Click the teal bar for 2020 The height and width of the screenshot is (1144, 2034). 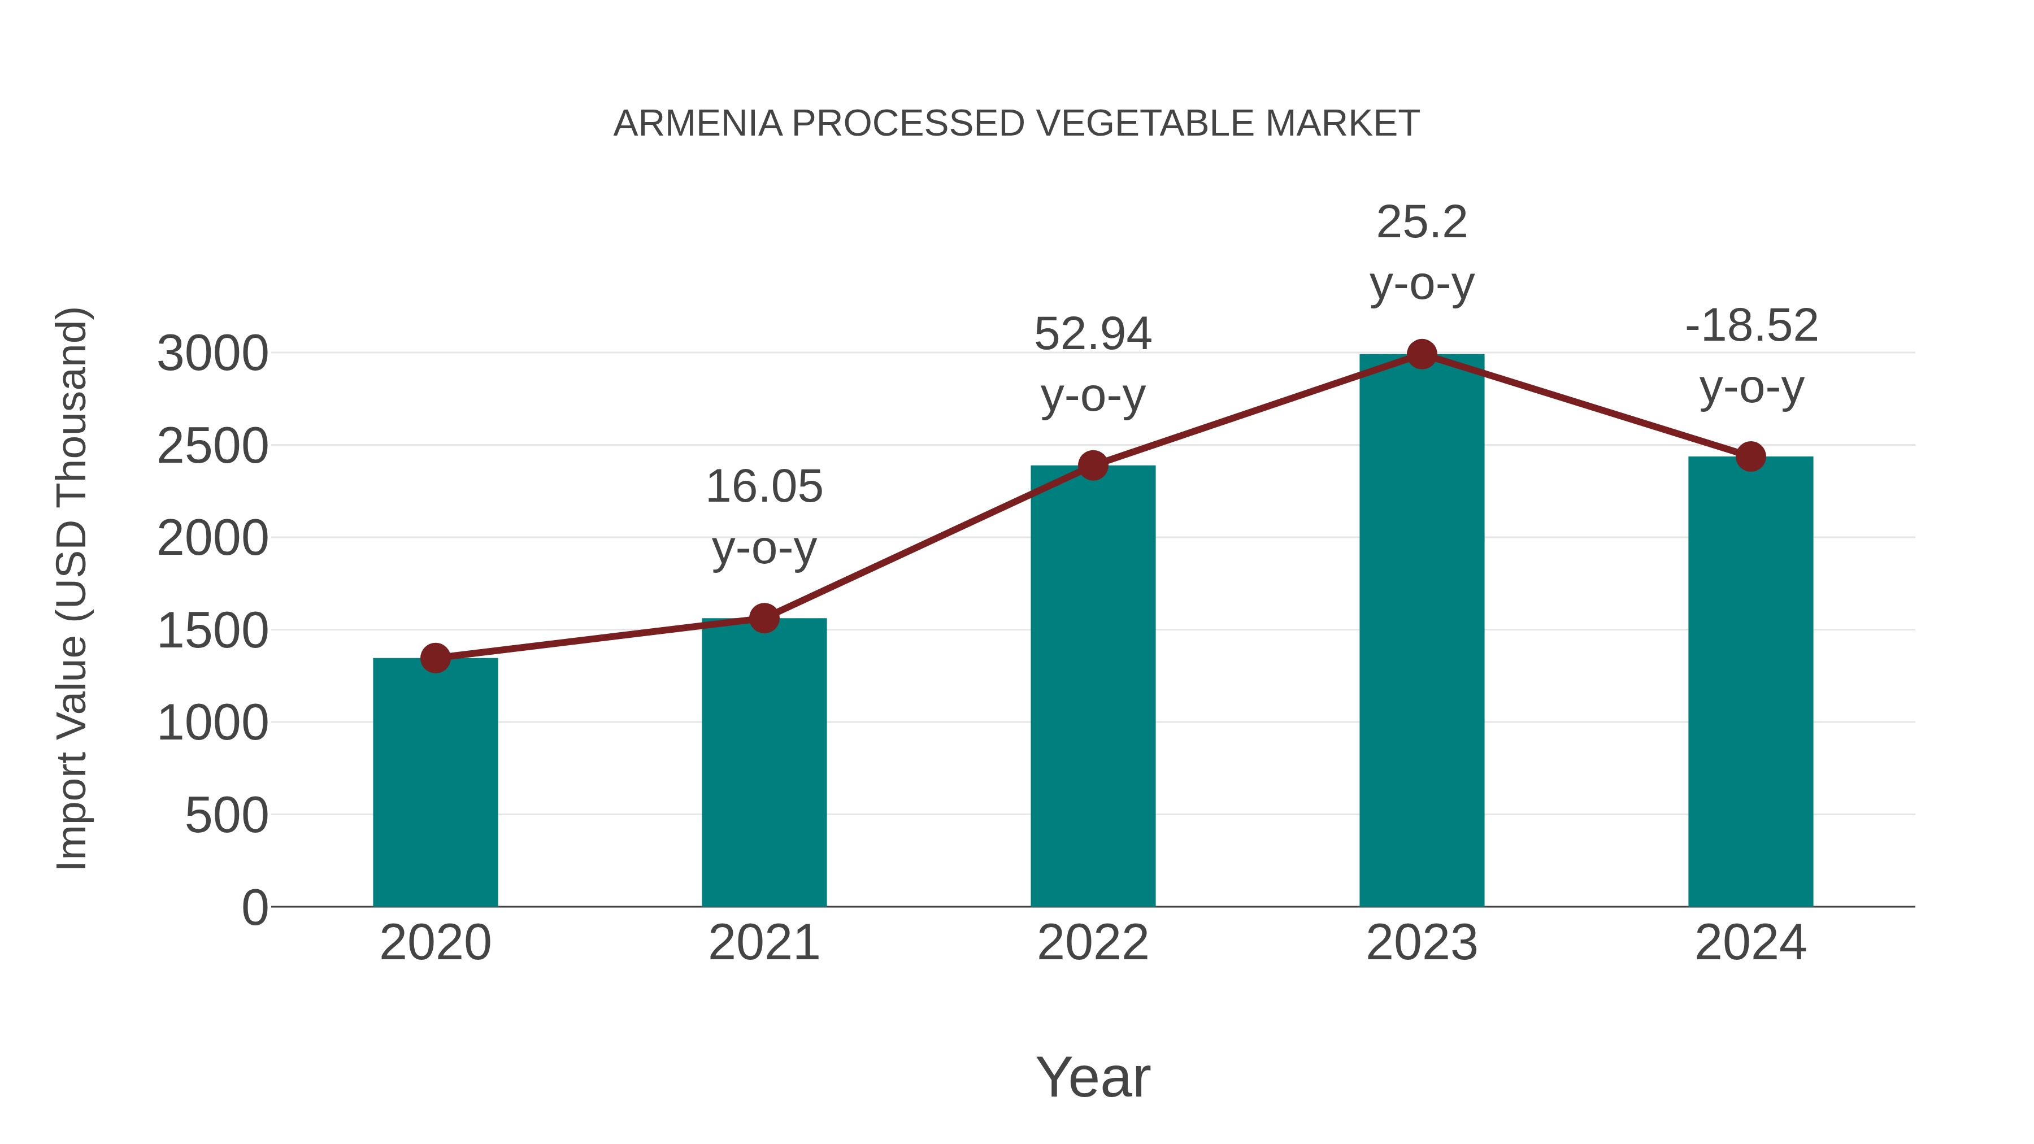pos(435,782)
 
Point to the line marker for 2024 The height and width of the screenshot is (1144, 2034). pos(1750,456)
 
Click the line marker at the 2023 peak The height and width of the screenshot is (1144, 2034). pos(1422,354)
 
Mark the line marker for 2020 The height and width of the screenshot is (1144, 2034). pos(435,658)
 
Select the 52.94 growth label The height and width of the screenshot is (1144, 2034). pos(1093,334)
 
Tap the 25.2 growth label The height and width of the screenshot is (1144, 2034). pos(1422,222)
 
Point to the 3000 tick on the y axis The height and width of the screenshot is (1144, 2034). pos(212,354)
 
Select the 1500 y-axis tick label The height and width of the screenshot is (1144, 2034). pos(212,631)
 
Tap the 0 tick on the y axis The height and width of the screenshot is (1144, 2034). pos(255,907)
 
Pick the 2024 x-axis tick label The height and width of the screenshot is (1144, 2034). pos(1750,943)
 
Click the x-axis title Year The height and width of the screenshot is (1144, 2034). pos(1093,1077)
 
